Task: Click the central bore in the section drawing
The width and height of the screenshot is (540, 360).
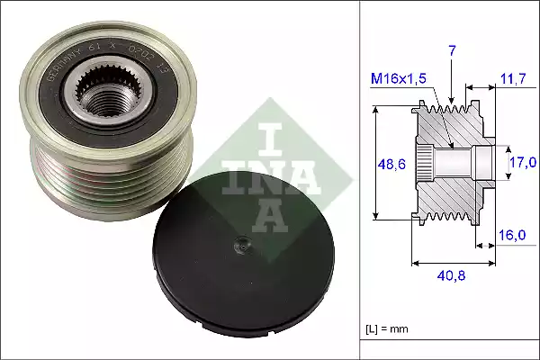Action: [454, 163]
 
